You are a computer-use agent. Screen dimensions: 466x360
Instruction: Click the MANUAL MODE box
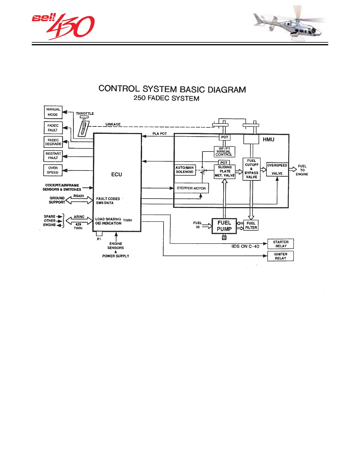click(53, 112)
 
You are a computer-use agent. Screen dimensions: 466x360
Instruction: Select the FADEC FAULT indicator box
click(53, 128)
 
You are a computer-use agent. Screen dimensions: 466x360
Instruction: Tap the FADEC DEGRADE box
click(53, 142)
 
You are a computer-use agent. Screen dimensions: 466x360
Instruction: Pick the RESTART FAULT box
click(53, 156)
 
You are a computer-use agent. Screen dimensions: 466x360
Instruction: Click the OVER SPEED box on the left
click(53, 170)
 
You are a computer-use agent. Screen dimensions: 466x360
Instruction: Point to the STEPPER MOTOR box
click(191, 188)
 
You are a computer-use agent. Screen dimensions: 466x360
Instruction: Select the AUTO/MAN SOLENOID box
click(185, 170)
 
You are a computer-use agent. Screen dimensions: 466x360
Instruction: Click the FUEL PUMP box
click(224, 226)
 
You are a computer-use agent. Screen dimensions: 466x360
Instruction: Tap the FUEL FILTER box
click(251, 225)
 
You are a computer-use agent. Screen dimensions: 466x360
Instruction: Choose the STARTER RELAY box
click(281, 244)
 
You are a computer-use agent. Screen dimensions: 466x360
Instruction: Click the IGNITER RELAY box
click(281, 256)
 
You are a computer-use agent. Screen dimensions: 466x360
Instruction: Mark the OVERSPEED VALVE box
click(277, 169)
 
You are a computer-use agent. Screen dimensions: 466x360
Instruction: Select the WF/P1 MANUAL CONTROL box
click(224, 152)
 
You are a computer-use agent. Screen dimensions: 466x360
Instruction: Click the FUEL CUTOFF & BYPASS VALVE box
click(251, 169)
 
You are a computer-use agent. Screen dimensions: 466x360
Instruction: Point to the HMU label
click(269, 139)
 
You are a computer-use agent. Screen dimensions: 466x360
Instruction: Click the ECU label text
click(116, 174)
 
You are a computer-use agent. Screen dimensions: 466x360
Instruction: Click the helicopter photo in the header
click(290, 24)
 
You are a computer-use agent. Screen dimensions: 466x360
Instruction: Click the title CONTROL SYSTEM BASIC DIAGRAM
click(172, 89)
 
